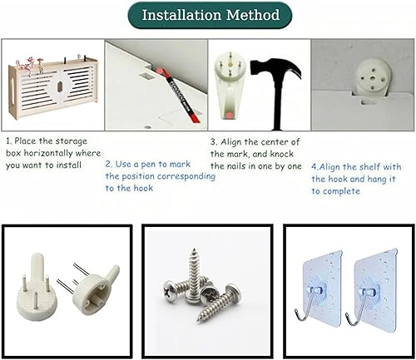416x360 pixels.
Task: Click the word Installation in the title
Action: click(x=182, y=15)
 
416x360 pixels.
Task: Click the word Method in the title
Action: click(x=253, y=15)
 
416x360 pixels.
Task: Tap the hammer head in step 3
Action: click(x=275, y=69)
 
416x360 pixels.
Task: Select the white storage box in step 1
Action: click(x=53, y=88)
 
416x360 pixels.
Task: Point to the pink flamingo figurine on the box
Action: click(x=27, y=66)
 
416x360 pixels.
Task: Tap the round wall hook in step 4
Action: click(x=371, y=77)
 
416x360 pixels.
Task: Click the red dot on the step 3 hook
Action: click(x=229, y=115)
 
